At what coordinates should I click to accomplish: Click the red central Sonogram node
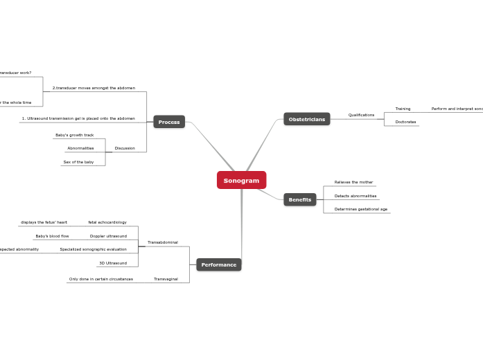241,180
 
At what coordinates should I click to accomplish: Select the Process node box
169,122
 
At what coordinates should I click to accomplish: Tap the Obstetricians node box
306,119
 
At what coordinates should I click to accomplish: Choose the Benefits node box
300,199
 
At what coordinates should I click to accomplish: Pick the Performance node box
219,264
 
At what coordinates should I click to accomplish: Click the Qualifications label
361,115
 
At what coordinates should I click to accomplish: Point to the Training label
403,109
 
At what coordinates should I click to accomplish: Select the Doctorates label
405,122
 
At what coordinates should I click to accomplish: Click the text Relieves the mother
353,182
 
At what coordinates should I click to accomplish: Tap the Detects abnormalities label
355,196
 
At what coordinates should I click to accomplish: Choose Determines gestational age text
361,209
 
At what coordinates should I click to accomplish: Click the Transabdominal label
163,242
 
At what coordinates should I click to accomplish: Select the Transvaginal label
166,279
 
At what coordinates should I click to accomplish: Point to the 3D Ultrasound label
112,263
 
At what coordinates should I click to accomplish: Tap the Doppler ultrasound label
108,236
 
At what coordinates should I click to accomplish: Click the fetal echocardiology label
107,222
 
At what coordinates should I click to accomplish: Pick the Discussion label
125,148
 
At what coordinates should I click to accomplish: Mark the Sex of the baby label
78,162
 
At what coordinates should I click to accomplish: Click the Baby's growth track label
74,135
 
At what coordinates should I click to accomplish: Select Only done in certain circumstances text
100,279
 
